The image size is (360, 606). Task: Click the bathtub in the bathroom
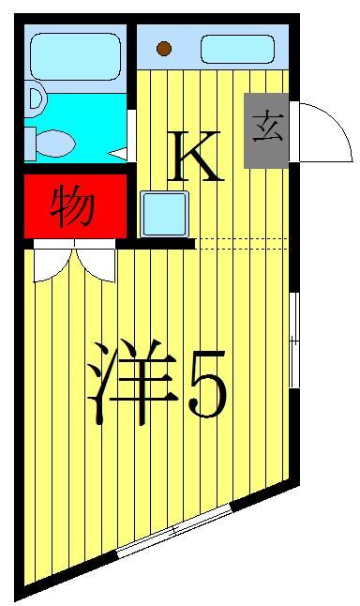pyautogui.click(x=74, y=56)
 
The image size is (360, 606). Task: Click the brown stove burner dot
pyautogui.click(x=164, y=48)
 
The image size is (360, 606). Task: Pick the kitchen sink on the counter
pyautogui.click(x=236, y=48)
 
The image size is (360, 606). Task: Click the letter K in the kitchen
pyautogui.click(x=194, y=157)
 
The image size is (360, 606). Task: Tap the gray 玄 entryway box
pyautogui.click(x=266, y=130)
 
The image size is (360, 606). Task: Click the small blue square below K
pyautogui.click(x=165, y=214)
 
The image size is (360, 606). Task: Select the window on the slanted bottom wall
pyautogui.click(x=174, y=532)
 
